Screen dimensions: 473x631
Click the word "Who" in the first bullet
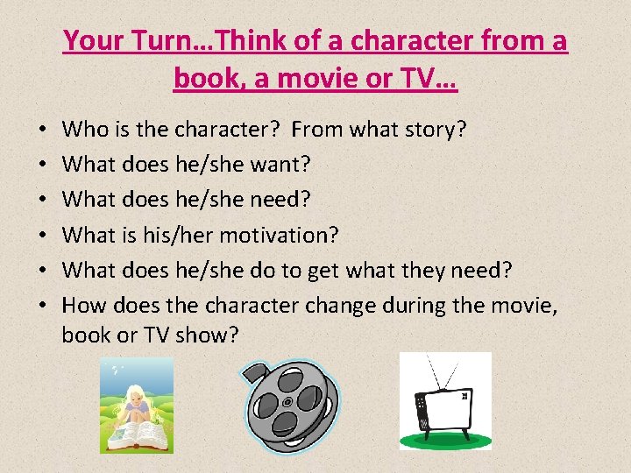coord(85,131)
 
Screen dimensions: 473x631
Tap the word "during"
coord(443,305)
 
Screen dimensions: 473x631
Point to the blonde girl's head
coord(138,399)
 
